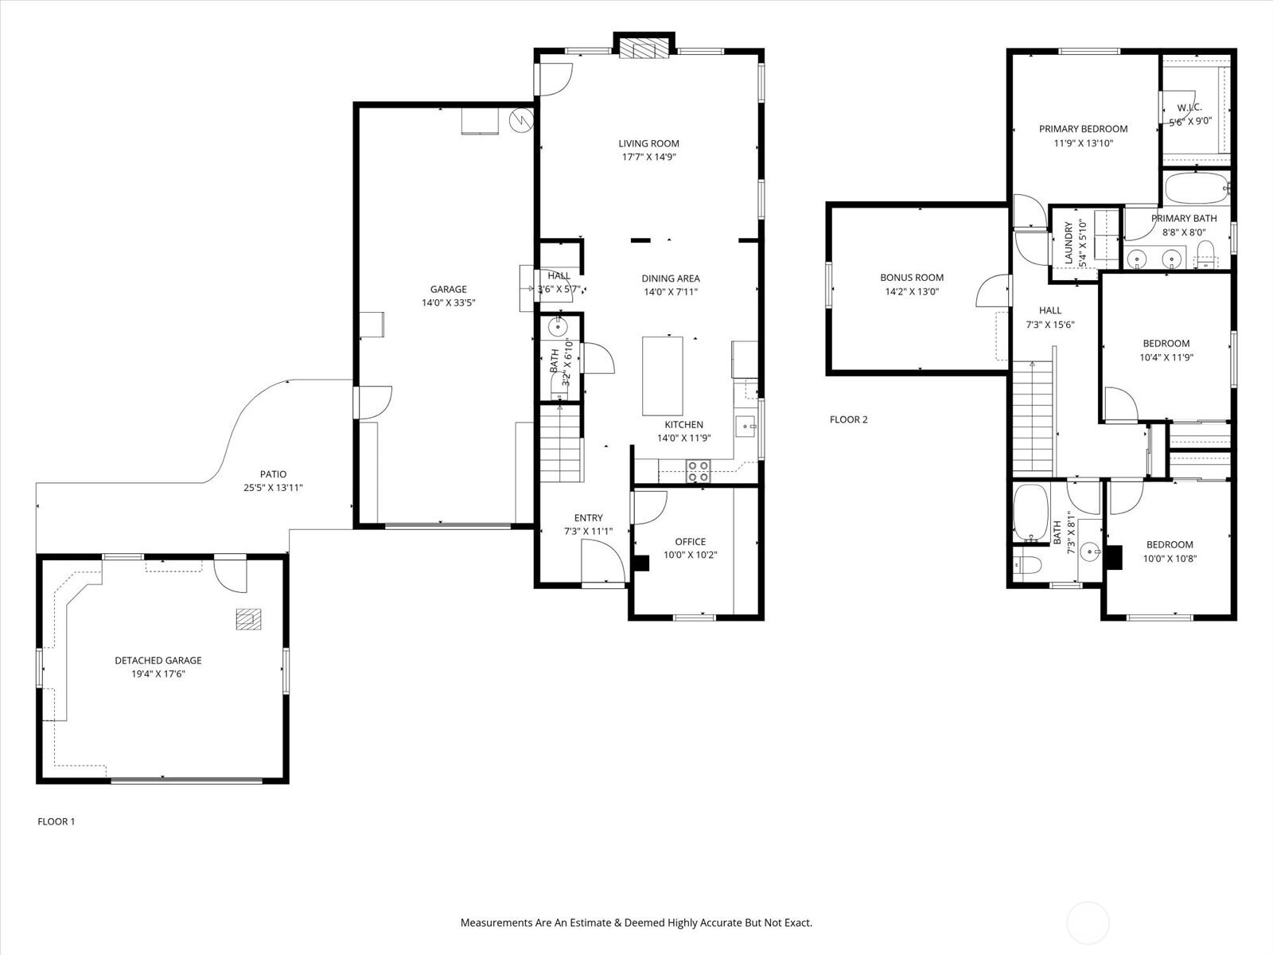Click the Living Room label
[648, 143]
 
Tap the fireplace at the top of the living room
[644, 49]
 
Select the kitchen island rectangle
[662, 376]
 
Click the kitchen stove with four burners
[699, 471]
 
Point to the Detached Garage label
[158, 660]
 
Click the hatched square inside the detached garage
[248, 618]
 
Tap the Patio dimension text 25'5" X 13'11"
[273, 488]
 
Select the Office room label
[690, 542]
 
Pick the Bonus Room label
[912, 277]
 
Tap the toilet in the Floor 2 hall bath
[1027, 564]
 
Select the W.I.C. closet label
[1189, 107]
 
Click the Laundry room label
[1069, 243]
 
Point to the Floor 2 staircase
[1033, 416]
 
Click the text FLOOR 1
[56, 821]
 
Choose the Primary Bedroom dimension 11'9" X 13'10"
[1084, 142]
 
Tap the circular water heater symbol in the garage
[521, 121]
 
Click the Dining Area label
[671, 279]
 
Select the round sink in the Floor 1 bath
[558, 328]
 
